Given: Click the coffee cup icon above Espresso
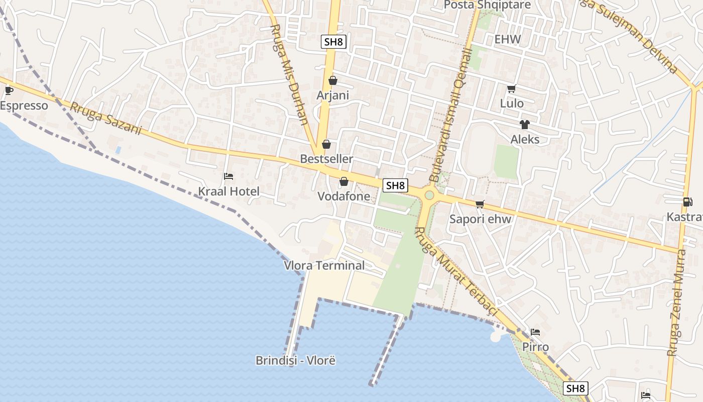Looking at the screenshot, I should pos(9,90).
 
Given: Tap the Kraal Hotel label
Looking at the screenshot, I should pos(228,191).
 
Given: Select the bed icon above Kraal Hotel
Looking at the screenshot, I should pos(228,176).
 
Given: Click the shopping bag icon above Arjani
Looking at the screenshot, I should pos(332,80).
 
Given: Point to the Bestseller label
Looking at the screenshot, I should pos(326,159).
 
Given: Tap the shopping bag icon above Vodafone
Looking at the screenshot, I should pos(344,181).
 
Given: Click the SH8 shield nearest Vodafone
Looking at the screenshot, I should pos(395,185).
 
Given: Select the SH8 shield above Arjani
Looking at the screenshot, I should pos(334,42).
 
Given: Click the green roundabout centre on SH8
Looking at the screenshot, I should pos(429,195).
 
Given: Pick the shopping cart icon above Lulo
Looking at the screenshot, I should pos(512,89).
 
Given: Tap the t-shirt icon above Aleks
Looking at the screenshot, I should pos(525,125).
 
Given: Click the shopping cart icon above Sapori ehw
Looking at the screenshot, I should pos(480,204).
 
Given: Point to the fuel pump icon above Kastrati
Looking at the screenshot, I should pos(687,202).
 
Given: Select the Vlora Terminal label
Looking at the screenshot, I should pos(324,265).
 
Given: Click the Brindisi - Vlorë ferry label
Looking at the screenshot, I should pos(295,360).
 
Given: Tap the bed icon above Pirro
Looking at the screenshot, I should pos(535,332).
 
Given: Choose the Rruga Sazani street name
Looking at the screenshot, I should pos(106,119).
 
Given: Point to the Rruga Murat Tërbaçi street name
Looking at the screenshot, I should pos(456,272).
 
